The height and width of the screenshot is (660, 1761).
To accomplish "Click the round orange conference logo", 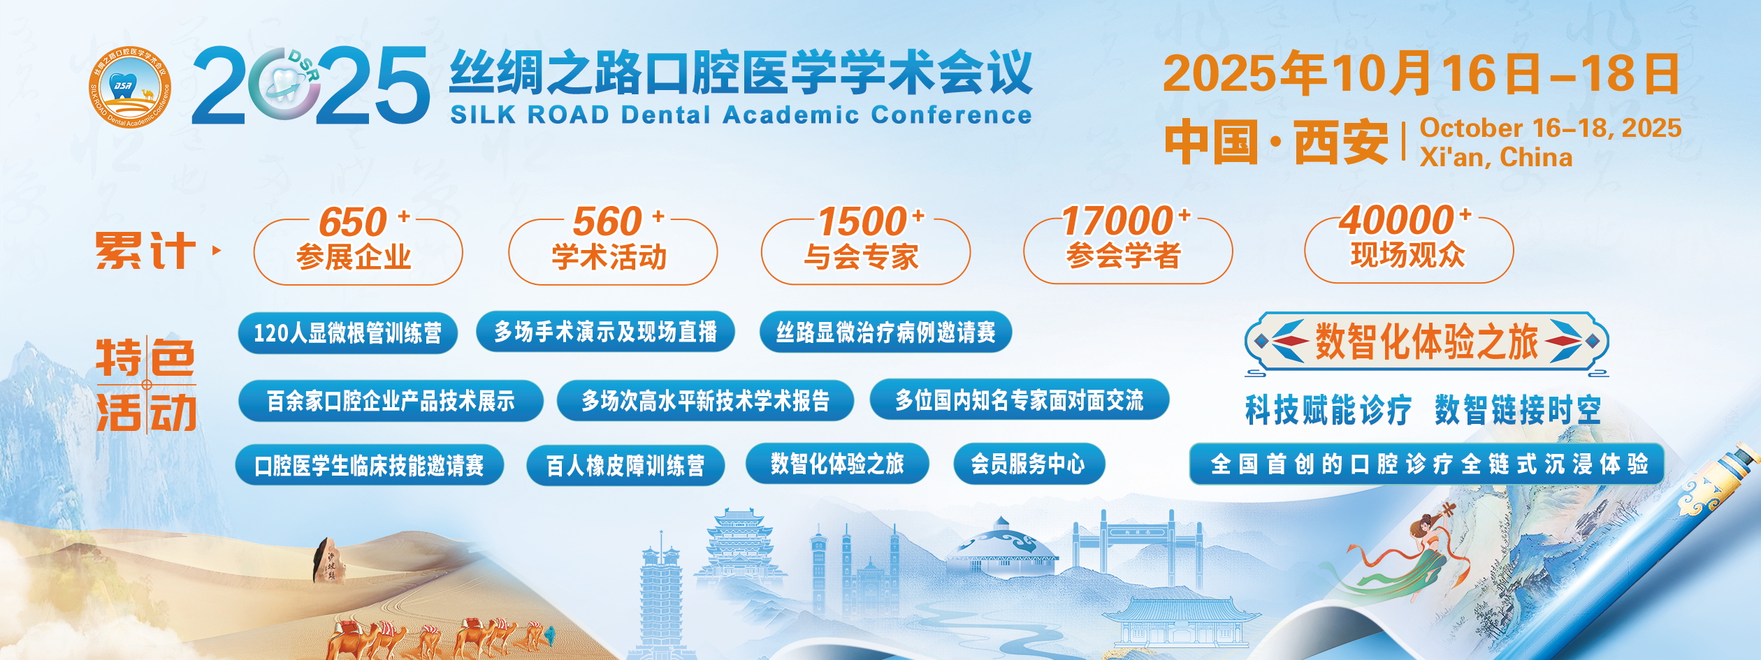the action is point(130,87).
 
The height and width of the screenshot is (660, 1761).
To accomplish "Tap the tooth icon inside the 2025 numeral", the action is point(284,85).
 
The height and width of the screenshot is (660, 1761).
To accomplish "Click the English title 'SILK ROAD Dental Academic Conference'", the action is point(741,115).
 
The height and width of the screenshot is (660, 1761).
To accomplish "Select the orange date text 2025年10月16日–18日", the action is point(1421,73).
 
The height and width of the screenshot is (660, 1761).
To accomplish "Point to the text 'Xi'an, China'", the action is point(1496,157).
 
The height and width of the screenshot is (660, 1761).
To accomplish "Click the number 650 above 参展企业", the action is point(353,222).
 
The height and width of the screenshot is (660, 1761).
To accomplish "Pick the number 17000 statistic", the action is point(1117,221).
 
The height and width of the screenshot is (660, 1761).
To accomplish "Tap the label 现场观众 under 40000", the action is point(1407,255).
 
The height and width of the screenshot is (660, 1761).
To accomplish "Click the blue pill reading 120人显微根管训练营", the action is point(347,333).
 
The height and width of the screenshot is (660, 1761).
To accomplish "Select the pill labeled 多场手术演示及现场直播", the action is point(605,331).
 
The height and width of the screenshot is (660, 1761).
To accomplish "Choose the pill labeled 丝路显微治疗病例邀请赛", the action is point(885,332).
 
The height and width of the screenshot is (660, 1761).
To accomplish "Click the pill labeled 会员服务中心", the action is point(1029,464).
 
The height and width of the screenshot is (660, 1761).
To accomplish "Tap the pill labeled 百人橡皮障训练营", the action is point(625,465).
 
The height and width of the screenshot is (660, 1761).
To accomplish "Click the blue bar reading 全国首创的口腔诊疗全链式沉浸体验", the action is point(1426,464).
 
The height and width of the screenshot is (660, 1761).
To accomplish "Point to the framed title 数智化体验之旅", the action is point(1426,342).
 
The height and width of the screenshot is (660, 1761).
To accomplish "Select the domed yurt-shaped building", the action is point(1001,548).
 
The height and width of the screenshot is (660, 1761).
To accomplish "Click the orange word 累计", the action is point(145,251).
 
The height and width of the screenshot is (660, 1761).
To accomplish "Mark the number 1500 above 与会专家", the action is point(862,222).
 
